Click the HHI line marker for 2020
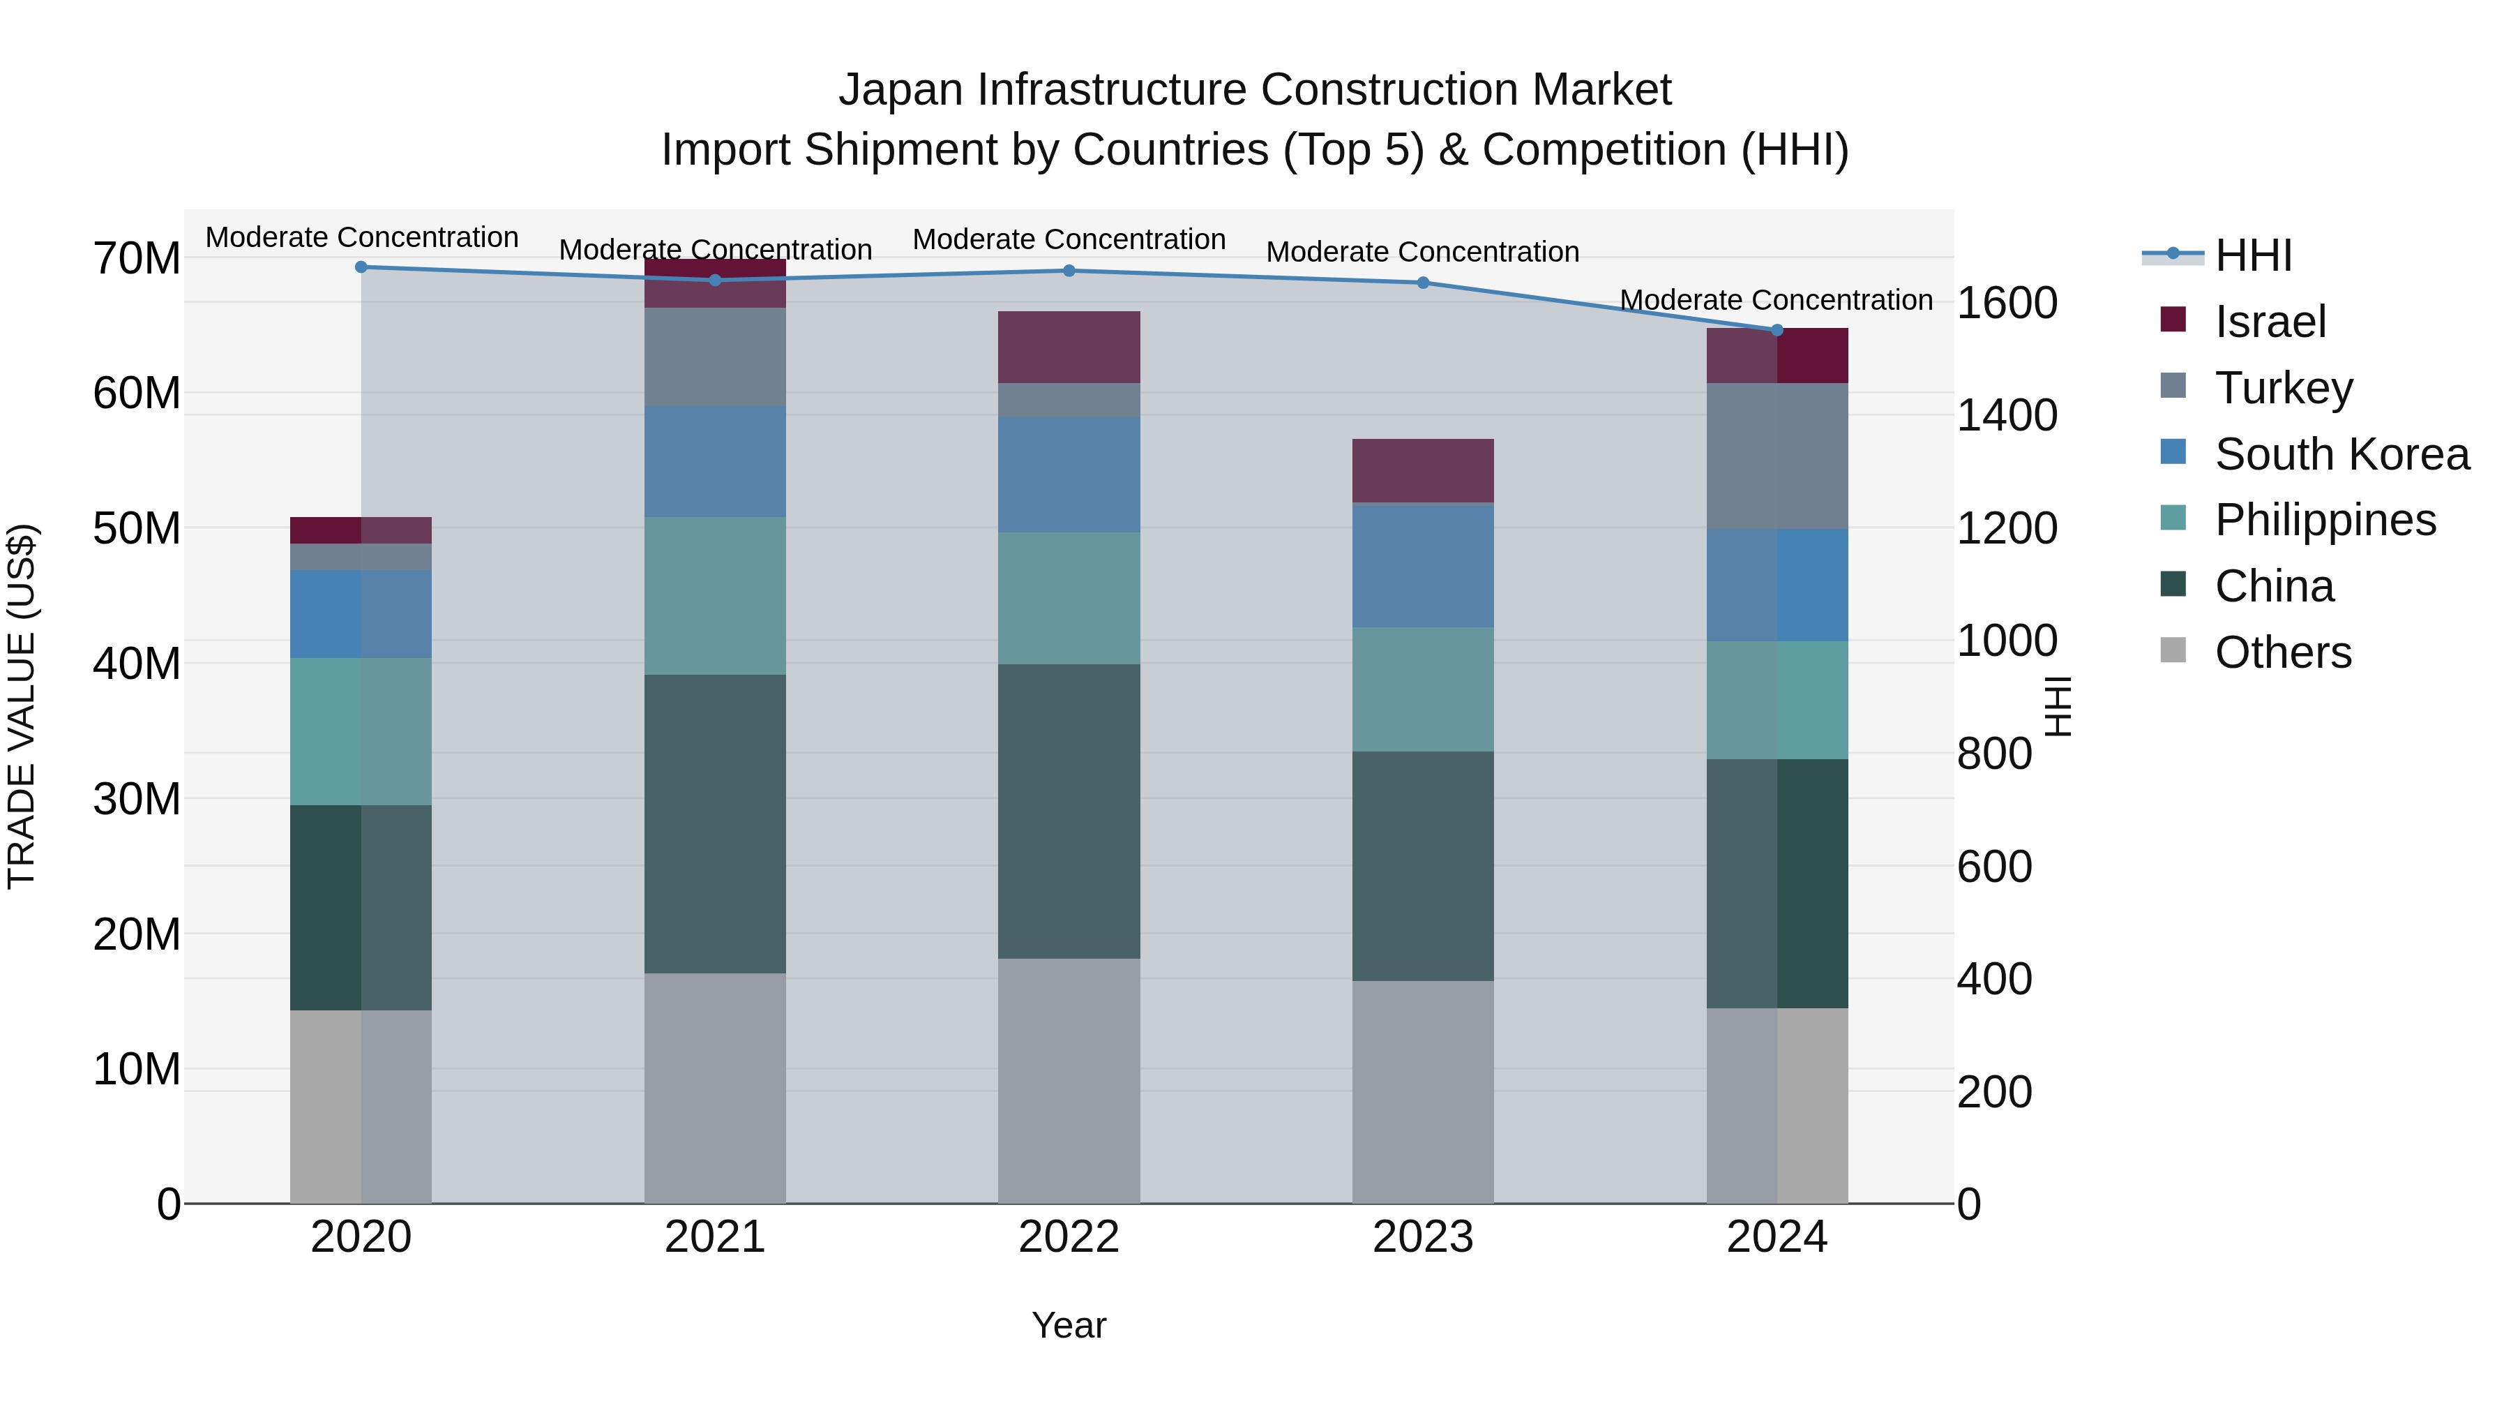361,267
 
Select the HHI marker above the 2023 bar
1422,283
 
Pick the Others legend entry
2282,652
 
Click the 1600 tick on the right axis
2007,304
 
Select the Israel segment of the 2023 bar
1422,471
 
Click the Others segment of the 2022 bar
1069,1080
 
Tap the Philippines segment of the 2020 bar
361,731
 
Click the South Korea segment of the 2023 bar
1422,566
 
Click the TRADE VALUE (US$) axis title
22,706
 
